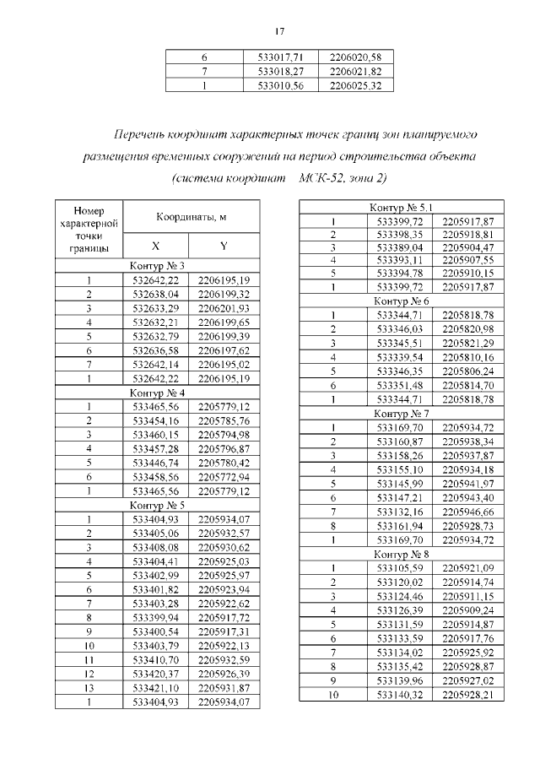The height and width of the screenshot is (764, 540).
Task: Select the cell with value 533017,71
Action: point(279,57)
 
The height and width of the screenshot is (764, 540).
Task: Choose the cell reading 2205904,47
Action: point(467,247)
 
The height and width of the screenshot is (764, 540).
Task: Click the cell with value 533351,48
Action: point(400,384)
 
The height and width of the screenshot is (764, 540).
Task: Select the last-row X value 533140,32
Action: point(400,693)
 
